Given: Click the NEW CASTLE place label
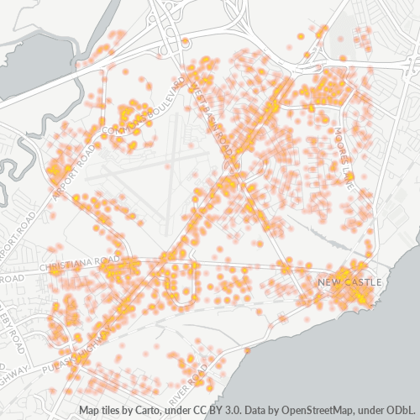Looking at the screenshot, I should click(x=350, y=281).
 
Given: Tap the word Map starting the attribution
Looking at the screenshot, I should click(x=90, y=411).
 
